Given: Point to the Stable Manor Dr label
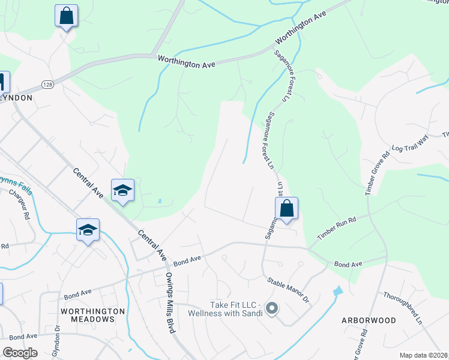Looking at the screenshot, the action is coord(288,289).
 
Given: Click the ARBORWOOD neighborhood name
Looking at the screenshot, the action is coord(369,320).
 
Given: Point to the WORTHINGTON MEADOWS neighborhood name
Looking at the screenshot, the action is coord(92,315).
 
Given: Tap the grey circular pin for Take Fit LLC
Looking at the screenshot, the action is coord(272,309).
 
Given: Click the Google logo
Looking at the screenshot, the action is coord(20,352).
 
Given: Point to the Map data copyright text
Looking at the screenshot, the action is coord(423,355).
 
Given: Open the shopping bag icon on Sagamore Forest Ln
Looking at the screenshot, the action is coord(287,209).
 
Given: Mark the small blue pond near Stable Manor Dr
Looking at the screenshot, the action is coord(338,290).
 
